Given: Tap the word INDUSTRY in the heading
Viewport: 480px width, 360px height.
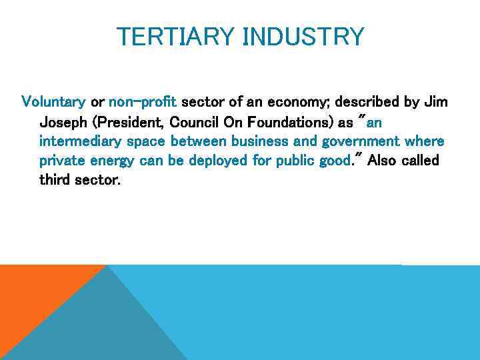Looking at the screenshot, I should (x=303, y=36).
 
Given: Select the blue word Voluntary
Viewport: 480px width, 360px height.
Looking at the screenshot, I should (x=53, y=102).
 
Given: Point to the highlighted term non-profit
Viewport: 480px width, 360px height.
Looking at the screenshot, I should (x=142, y=102).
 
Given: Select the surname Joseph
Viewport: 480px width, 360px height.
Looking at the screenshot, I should (x=63, y=122).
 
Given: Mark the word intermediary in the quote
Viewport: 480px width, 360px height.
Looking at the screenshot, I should (x=76, y=142).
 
